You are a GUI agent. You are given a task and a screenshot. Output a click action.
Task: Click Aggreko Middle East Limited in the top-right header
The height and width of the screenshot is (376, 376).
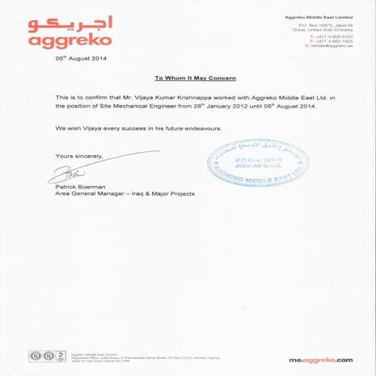(x=320, y=16)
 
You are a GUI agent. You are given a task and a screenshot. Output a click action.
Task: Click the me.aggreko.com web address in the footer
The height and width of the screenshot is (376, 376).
(x=321, y=359)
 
